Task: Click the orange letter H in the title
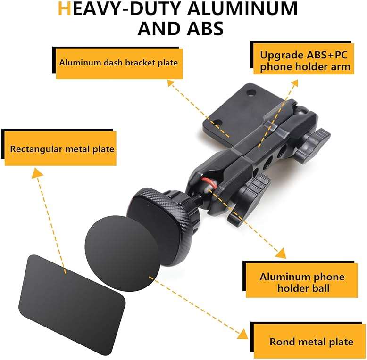[64, 8]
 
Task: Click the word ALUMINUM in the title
[242, 8]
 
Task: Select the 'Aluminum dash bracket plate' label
[119, 63]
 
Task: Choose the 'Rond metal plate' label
[309, 342]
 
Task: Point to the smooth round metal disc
[122, 254]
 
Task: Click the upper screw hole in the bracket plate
[251, 93]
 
